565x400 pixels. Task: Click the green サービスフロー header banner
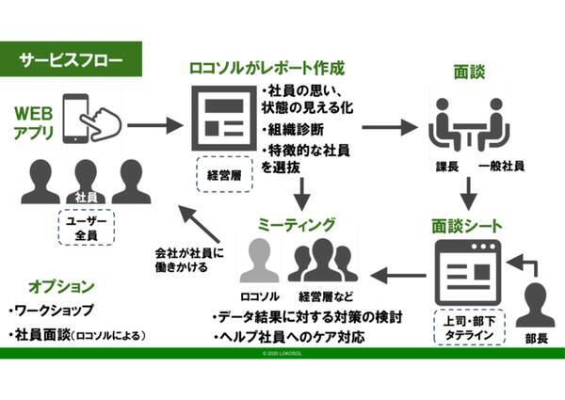(73, 59)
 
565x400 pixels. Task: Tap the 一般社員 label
(500, 167)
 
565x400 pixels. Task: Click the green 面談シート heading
(467, 225)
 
